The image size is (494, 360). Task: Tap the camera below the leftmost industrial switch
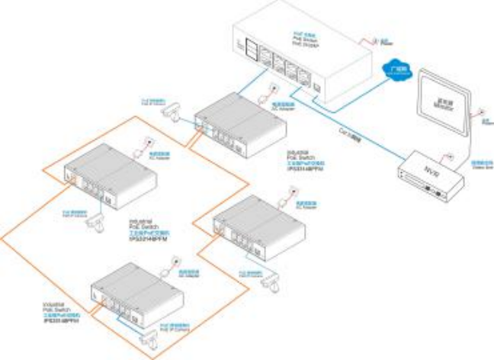click(96, 221)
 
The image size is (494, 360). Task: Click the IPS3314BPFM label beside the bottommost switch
click(62, 321)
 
